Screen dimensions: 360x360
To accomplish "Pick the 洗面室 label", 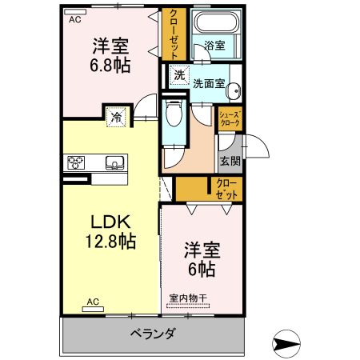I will pos(207,82).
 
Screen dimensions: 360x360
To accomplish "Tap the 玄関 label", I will pos(230,160).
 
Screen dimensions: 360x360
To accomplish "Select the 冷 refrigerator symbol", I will pos(116,118).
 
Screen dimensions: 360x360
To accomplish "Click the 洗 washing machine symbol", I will pos(179,76).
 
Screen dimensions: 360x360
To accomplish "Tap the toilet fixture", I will pos(173,118).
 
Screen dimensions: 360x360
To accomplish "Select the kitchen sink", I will pos(114,163).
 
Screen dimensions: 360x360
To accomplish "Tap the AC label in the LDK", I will pos(92,302).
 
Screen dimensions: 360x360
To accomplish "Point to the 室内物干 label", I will pos(188,298).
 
